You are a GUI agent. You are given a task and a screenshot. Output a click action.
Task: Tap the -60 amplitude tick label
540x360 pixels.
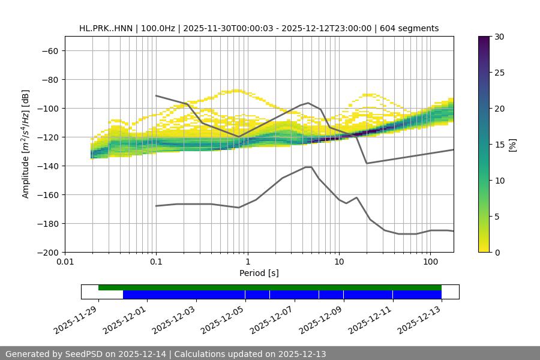point(50,51)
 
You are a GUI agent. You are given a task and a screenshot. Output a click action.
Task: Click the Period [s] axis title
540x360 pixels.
point(259,273)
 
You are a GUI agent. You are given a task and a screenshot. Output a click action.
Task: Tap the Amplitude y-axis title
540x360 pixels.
point(26,144)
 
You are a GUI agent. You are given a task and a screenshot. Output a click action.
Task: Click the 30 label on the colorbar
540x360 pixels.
point(499,37)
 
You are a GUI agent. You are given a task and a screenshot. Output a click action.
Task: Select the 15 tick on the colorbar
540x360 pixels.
point(499,145)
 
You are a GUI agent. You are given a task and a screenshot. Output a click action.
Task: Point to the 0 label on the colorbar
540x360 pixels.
point(497,253)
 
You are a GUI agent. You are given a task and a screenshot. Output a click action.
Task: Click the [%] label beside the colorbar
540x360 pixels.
point(512,145)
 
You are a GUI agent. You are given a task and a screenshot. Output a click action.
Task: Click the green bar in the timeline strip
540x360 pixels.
point(270,287)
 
